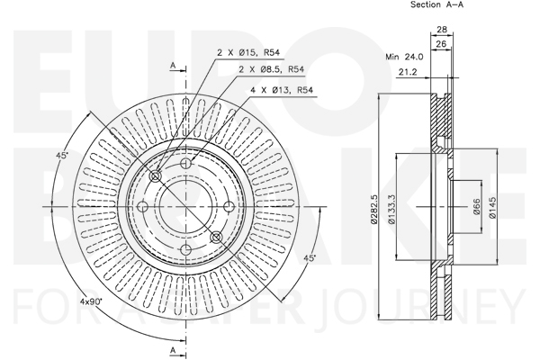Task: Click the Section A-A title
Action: click(x=437, y=4)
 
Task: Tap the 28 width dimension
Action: click(x=442, y=30)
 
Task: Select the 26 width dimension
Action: click(x=441, y=44)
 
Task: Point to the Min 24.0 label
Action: click(x=404, y=57)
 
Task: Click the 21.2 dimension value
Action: click(x=408, y=72)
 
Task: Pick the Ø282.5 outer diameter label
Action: click(x=374, y=210)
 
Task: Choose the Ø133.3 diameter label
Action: click(x=391, y=209)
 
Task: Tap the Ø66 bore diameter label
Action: click(x=477, y=207)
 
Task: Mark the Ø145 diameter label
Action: click(x=493, y=207)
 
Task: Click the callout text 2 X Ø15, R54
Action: click(x=248, y=52)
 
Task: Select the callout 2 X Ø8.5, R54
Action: click(x=272, y=69)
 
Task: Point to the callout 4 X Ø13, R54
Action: click(x=282, y=90)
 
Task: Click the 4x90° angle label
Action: click(x=91, y=301)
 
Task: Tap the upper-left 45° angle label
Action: click(x=62, y=156)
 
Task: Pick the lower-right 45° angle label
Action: click(x=310, y=258)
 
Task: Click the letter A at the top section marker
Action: click(x=173, y=66)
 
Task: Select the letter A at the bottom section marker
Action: click(x=173, y=351)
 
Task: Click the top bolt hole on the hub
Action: click(x=186, y=163)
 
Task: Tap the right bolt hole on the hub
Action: click(x=229, y=207)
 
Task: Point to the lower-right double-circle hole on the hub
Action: click(x=216, y=237)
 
